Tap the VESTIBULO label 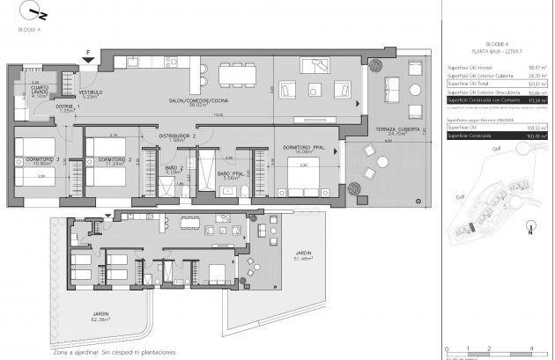point(92,93)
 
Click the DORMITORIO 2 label point(110,159)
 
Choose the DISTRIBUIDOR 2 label point(177,136)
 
